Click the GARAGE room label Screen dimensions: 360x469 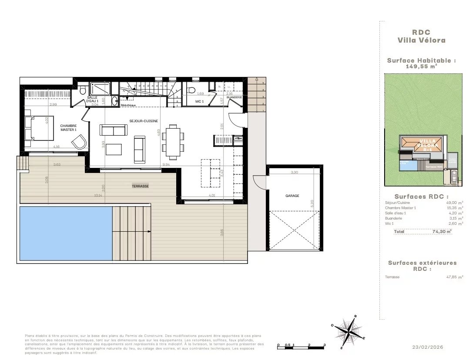[292, 196]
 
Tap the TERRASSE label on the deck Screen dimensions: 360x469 [140, 186]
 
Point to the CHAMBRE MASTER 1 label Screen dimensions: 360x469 [68, 128]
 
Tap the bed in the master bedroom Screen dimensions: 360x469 [39, 128]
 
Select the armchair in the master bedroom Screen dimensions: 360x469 [79, 142]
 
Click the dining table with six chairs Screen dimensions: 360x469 [173, 141]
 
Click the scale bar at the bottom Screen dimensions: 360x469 [301, 346]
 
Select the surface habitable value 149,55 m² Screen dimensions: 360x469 [422, 67]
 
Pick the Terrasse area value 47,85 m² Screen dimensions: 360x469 [454, 277]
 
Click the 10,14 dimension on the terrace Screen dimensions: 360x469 [97, 195]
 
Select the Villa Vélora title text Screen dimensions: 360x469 [422, 40]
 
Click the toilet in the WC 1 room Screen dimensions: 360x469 [191, 90]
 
